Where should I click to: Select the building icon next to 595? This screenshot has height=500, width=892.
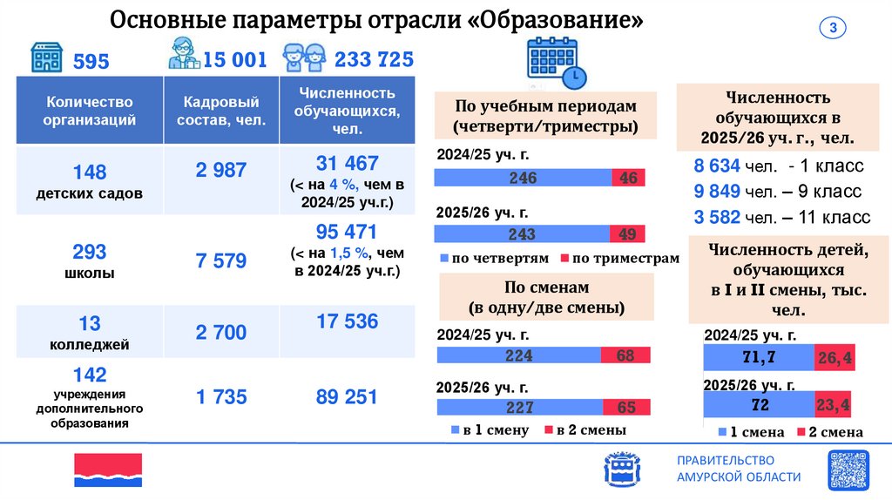pyautogui.click(x=48, y=57)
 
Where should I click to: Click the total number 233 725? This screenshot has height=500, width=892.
pyautogui.click(x=374, y=59)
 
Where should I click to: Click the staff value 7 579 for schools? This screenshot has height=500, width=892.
pyautogui.click(x=221, y=260)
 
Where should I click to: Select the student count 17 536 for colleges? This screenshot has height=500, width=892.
pyautogui.click(x=347, y=321)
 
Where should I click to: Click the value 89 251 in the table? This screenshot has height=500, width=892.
pyautogui.click(x=347, y=397)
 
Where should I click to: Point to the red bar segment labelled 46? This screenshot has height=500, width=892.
pyautogui.click(x=628, y=178)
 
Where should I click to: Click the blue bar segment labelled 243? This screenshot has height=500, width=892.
pyautogui.click(x=522, y=235)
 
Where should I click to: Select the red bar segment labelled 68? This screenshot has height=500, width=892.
pyautogui.click(x=624, y=355)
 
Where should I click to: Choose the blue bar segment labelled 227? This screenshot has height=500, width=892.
pyautogui.click(x=517, y=408)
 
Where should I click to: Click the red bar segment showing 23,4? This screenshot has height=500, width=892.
pyautogui.click(x=833, y=405)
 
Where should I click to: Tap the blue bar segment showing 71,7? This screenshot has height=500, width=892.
pyautogui.click(x=758, y=358)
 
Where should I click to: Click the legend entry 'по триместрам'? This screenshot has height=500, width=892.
pyautogui.click(x=618, y=259)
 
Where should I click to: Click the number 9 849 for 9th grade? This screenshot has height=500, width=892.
pyautogui.click(x=716, y=191)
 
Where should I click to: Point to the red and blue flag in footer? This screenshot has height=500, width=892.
pyautogui.click(x=108, y=470)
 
